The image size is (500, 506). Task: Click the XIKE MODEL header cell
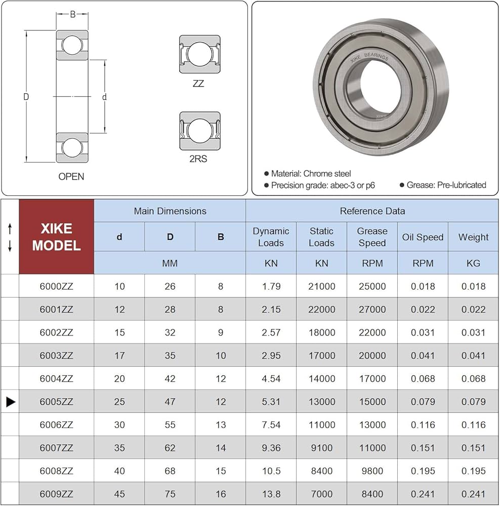click(57, 237)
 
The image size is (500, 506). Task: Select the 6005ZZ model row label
click(57, 402)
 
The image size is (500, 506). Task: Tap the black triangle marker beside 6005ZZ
click(11, 402)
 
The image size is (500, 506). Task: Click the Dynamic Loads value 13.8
click(271, 494)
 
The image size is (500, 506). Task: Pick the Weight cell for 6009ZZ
click(473, 494)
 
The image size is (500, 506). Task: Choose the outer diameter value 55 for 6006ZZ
click(170, 425)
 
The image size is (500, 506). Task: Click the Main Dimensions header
click(170, 211)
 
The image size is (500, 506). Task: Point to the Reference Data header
click(372, 211)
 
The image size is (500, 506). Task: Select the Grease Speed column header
click(372, 237)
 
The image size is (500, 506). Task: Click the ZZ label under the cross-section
click(198, 84)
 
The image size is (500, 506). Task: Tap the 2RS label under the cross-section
click(198, 159)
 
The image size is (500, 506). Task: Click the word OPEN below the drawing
click(71, 177)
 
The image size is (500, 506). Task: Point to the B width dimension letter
click(72, 14)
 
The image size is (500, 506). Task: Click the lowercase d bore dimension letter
click(104, 97)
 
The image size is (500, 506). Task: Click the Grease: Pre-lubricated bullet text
click(446, 185)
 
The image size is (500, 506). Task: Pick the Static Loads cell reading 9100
click(321, 448)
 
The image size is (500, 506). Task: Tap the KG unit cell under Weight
click(473, 263)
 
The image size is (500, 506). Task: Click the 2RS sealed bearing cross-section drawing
click(199, 131)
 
